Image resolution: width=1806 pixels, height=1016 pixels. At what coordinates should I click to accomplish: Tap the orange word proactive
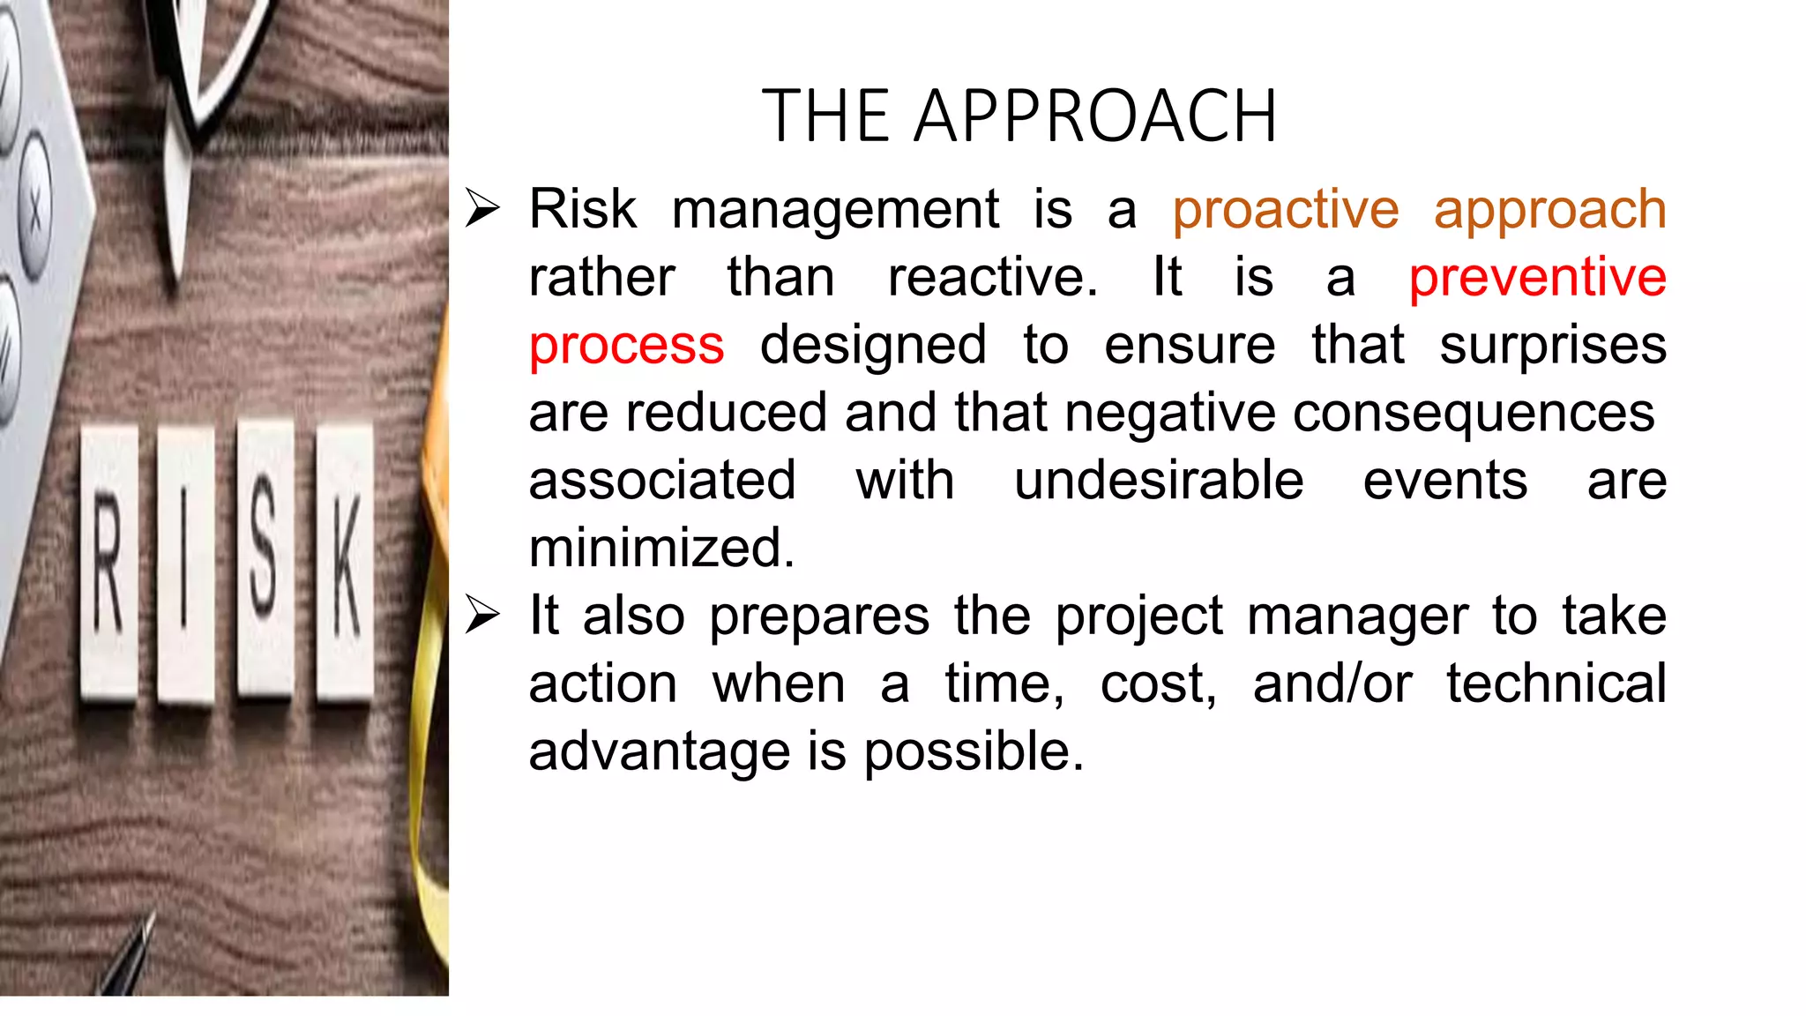pos(1285,210)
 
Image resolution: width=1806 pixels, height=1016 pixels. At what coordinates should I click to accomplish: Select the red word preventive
pos(1537,277)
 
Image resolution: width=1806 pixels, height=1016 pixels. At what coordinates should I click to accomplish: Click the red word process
pos(626,345)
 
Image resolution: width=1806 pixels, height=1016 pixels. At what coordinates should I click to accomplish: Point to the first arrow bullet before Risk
pos(482,209)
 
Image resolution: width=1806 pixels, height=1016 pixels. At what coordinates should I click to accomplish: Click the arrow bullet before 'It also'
pos(482,615)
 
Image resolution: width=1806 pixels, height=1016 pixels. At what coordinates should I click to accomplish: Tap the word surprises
pos(1553,345)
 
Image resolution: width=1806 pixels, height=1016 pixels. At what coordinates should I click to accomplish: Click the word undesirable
pos(1158,481)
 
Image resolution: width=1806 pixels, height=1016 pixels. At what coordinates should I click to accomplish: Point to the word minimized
pos(661,548)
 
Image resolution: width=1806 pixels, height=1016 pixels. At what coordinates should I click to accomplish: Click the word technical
pos(1556,684)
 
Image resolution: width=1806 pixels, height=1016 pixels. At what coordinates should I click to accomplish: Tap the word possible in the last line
pos(973,751)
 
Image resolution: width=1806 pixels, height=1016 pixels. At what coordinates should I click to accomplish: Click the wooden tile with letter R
pos(109,564)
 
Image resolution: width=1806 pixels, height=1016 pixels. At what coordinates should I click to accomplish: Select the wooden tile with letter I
pos(186,564)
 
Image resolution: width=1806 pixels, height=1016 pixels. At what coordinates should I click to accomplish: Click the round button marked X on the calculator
pos(35,209)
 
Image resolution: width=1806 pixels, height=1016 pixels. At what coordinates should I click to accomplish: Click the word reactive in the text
pos(992,277)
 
